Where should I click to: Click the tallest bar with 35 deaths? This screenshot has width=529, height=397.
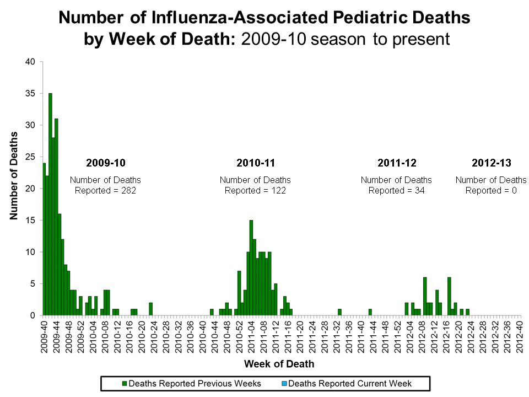pyautogui.click(x=50, y=204)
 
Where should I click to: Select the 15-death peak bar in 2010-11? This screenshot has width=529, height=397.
pyautogui.click(x=251, y=267)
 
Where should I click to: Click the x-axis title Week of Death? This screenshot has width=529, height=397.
pyautogui.click(x=279, y=363)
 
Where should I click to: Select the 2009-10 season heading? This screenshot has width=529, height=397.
pyautogui.click(x=105, y=163)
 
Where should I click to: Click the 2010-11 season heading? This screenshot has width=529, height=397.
pyautogui.click(x=255, y=163)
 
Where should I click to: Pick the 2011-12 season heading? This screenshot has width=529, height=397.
pyautogui.click(x=396, y=163)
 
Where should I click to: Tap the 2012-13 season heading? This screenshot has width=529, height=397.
pyautogui.click(x=491, y=163)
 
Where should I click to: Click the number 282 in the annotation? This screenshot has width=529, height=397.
pyautogui.click(x=128, y=190)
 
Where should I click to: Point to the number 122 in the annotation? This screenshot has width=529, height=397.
pyautogui.click(x=278, y=190)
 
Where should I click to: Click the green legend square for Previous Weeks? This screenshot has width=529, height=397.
pyautogui.click(x=125, y=383)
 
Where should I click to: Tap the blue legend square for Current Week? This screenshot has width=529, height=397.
pyautogui.click(x=284, y=383)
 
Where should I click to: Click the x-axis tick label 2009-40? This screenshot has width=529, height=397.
pyautogui.click(x=45, y=335)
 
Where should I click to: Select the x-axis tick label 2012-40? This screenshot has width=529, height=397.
pyautogui.click(x=519, y=335)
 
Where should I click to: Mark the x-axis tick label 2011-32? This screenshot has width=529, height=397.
pyautogui.click(x=337, y=335)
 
